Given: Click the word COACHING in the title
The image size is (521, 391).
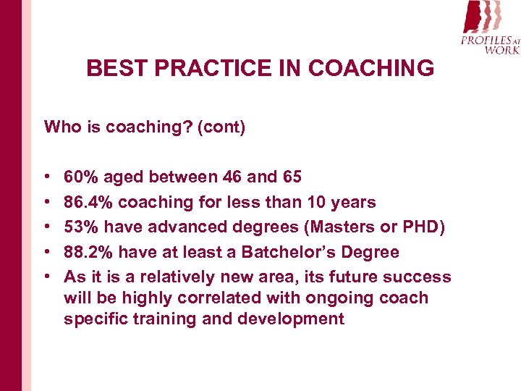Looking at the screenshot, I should coord(370,69).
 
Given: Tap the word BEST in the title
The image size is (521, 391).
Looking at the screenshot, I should coord(114,69).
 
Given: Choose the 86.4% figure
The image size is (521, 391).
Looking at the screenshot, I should coord(89,202).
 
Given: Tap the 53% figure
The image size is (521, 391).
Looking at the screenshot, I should coord(80,227).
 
